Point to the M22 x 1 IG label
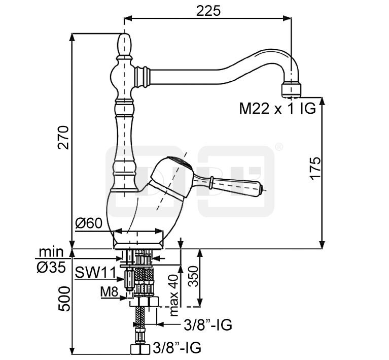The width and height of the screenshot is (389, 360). point(277,108)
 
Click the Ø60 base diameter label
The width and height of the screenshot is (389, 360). point(89,223)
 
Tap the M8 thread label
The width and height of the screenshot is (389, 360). point(109,291)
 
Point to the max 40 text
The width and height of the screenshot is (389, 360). point(175,295)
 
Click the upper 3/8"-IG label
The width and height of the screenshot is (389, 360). point(208,324)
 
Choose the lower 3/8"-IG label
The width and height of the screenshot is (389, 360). point(177,348)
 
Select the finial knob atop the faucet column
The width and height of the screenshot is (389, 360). point(125,45)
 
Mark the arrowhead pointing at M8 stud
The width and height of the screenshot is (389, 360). point(126,298)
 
